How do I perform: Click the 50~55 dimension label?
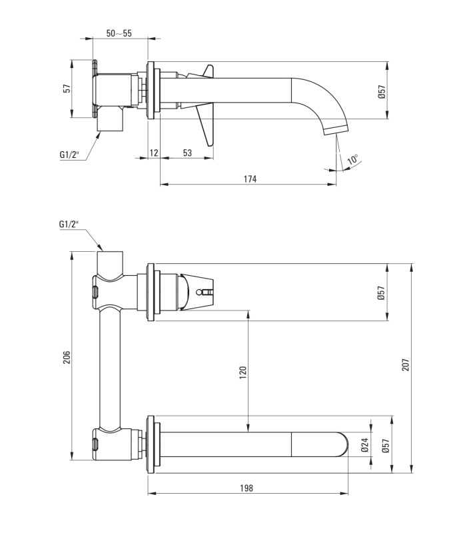click(x=119, y=33)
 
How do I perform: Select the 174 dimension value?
click(x=250, y=179)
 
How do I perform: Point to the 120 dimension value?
click(x=242, y=372)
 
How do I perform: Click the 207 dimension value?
click(x=406, y=364)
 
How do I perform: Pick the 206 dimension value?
click(x=67, y=358)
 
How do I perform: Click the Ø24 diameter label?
click(x=365, y=444)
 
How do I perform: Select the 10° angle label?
click(x=353, y=160)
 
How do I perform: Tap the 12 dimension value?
click(x=154, y=153)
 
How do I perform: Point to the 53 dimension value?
click(x=187, y=153)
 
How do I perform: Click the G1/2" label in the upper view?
click(x=69, y=155)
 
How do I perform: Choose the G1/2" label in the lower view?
click(x=69, y=224)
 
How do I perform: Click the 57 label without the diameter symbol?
click(x=68, y=89)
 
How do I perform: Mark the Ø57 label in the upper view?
click(x=382, y=92)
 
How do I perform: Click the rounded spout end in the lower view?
click(x=342, y=444)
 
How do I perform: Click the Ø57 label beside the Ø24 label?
click(x=385, y=444)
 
